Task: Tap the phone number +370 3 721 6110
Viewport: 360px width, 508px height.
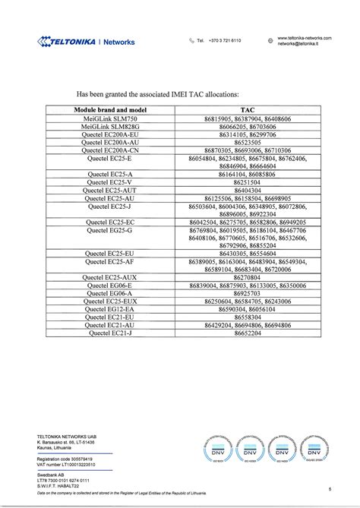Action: click(224, 41)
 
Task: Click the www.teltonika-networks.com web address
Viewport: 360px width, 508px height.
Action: click(305, 37)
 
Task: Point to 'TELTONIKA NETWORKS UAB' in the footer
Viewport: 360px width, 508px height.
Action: click(66, 436)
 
